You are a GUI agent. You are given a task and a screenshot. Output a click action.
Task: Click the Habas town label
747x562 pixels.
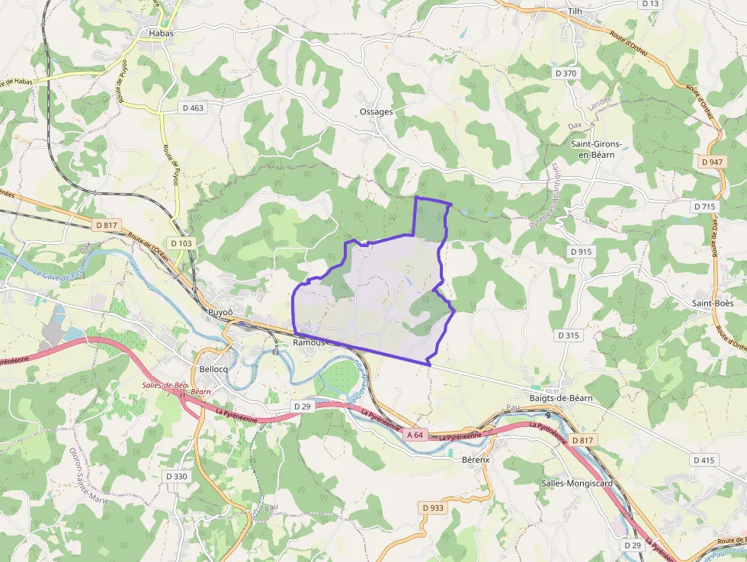(161, 34)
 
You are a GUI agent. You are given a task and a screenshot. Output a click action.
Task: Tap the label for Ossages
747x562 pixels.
(377, 112)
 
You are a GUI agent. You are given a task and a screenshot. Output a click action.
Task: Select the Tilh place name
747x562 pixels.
(575, 11)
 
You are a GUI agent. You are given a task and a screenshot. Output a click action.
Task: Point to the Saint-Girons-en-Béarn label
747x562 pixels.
(597, 149)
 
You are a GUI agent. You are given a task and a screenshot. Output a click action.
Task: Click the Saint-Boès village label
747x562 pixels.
(713, 303)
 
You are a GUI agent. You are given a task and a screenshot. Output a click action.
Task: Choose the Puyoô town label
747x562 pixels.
(220, 313)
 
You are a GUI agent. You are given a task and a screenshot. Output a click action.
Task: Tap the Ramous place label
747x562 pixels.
(309, 343)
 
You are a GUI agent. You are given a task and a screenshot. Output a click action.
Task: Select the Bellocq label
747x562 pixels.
(213, 369)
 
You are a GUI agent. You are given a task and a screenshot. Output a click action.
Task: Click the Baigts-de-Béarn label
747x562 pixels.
(561, 399)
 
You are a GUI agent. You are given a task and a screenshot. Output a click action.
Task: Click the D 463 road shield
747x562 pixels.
(194, 108)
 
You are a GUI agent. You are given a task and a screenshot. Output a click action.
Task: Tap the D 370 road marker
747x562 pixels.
(566, 73)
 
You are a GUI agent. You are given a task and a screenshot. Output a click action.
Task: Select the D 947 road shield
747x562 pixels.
(710, 162)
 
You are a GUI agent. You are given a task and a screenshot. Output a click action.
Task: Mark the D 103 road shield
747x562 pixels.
(182, 243)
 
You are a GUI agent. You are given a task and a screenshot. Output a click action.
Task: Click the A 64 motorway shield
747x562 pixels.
(415, 435)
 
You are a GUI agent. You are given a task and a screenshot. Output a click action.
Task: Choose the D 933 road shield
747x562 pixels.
(432, 508)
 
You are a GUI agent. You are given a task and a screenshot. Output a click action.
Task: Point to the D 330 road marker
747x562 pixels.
(176, 477)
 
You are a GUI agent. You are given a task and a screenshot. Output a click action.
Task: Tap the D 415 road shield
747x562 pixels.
(704, 461)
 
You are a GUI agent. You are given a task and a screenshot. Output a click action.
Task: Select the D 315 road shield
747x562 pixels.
(569, 336)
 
